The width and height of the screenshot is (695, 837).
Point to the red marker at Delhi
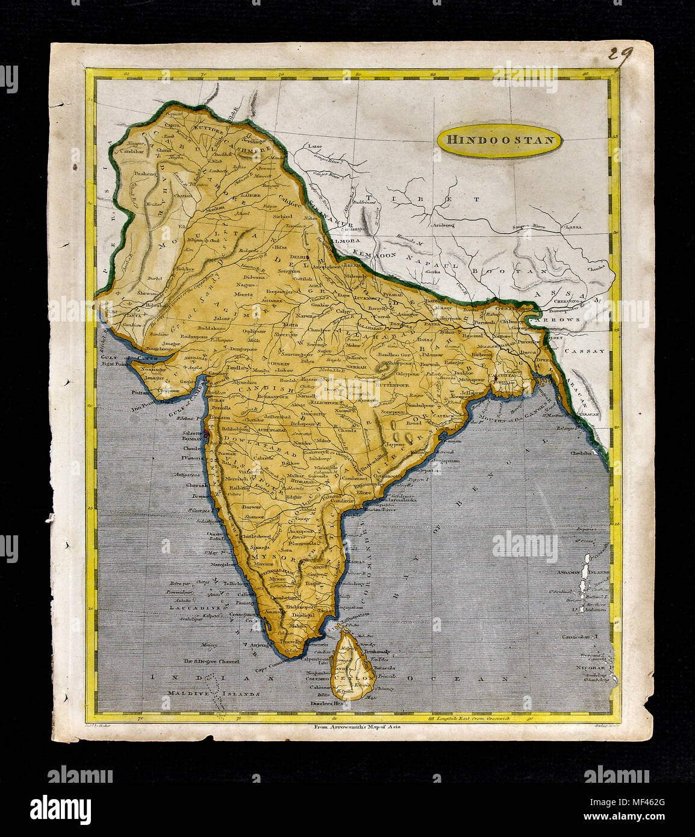tap(308, 258)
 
